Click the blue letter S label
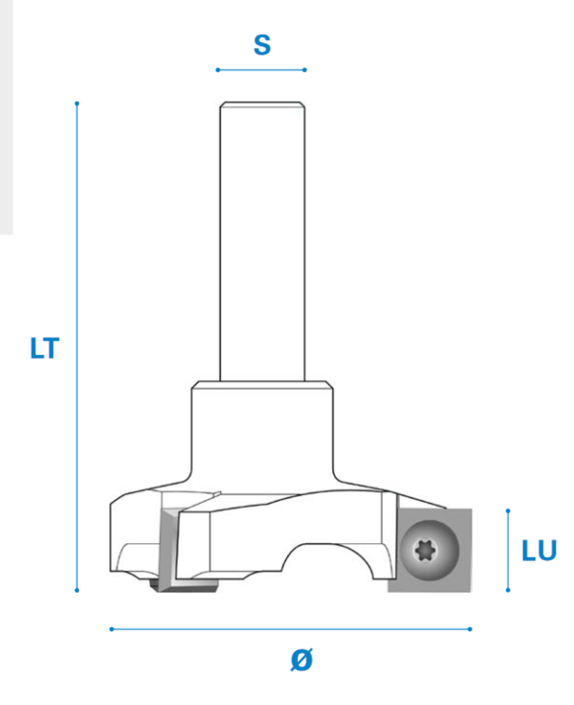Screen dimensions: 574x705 [x=263, y=45]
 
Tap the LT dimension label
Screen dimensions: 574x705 [x=45, y=348]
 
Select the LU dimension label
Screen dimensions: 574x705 [x=539, y=550]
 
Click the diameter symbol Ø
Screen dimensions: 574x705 [x=302, y=660]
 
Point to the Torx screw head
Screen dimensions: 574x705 [x=429, y=550]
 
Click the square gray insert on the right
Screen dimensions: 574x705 [x=430, y=550]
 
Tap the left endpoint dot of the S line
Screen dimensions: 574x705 [x=218, y=70]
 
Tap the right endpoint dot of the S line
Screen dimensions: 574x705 [x=304, y=70]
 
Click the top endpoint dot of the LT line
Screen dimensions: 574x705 [x=77, y=103]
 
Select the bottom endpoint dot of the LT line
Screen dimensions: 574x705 [x=77, y=590]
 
